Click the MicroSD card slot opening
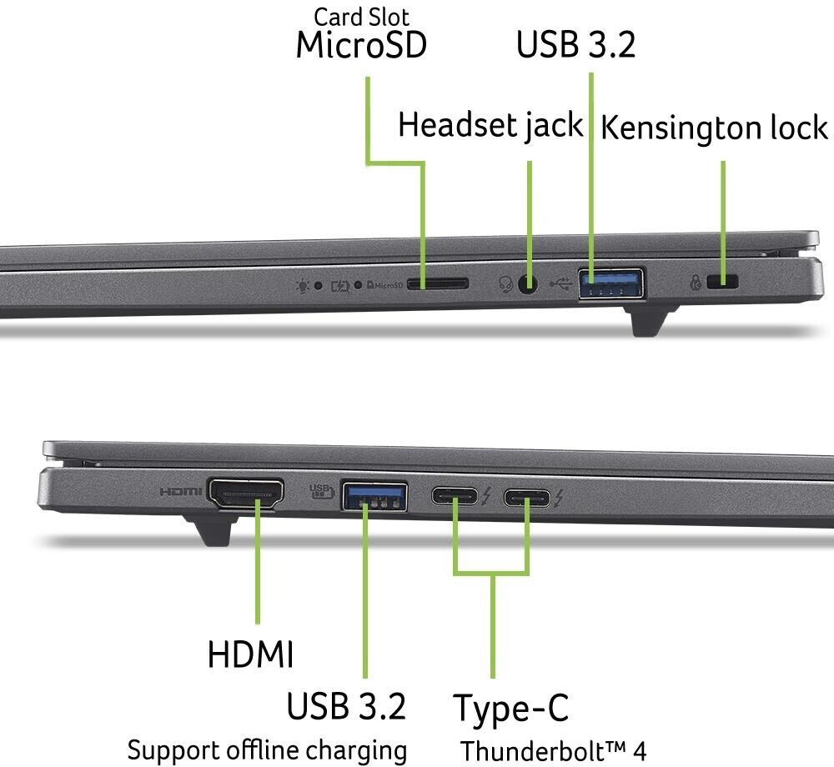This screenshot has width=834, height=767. click(438, 283)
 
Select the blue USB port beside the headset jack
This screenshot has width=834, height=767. click(612, 283)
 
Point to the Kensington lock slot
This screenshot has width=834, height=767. click(722, 283)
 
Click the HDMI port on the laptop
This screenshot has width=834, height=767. click(245, 494)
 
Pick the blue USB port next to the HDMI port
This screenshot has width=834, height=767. click(374, 496)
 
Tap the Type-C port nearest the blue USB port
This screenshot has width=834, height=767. click(455, 497)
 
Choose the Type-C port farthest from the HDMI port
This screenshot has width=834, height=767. click(527, 498)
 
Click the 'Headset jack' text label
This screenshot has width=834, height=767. click(490, 126)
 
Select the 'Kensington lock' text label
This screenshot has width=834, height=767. click(715, 128)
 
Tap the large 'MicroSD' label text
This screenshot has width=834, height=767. click(361, 46)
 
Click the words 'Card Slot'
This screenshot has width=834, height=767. click(361, 17)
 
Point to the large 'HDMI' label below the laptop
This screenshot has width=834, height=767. click(250, 654)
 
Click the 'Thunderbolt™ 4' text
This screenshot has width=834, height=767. click(553, 749)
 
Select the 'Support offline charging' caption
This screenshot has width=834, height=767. click(267, 749)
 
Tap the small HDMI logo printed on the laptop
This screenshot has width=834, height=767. click(181, 492)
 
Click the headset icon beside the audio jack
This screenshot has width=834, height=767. click(505, 283)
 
